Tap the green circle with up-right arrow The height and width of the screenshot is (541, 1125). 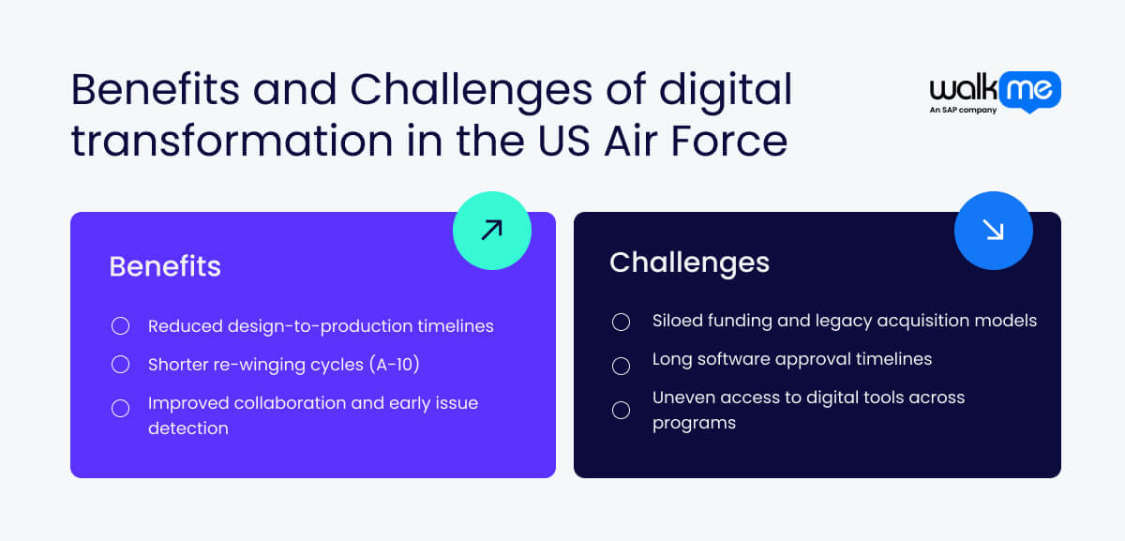click(x=491, y=231)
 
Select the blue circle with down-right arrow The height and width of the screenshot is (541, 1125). click(x=993, y=231)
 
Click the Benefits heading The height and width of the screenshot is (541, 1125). click(x=165, y=266)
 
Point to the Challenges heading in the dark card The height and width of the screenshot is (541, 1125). click(x=689, y=263)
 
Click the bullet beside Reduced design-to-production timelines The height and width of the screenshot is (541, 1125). click(x=120, y=326)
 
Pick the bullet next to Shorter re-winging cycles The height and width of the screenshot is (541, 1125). click(x=120, y=365)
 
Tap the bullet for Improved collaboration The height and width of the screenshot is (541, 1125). click(x=120, y=408)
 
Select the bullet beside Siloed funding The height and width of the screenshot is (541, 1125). click(x=621, y=322)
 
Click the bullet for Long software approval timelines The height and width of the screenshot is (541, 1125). click(x=621, y=365)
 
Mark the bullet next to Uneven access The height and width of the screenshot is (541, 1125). click(x=621, y=410)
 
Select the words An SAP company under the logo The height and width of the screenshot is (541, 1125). click(x=963, y=110)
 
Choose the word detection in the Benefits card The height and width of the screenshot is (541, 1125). click(x=187, y=428)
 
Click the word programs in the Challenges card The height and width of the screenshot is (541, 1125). click(x=694, y=423)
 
